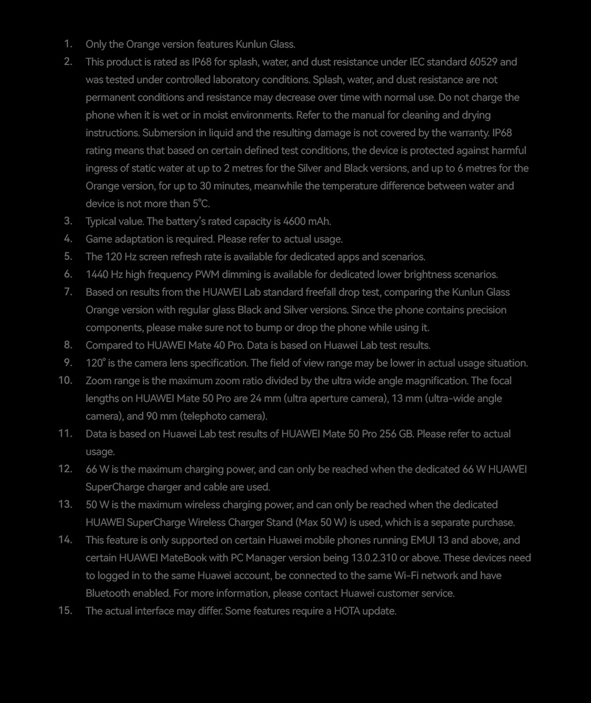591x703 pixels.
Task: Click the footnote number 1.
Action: coord(68,44)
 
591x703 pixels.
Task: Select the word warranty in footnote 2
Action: coord(466,133)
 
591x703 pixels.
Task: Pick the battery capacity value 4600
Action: coord(294,221)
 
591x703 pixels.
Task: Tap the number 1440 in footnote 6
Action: coord(98,275)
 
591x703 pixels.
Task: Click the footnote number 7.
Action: coord(68,292)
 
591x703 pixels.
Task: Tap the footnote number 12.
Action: coord(65,469)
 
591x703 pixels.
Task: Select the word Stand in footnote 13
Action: coord(279,522)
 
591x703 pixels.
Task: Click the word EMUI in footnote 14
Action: coord(422,540)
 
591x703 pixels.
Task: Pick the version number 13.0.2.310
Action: coord(379,558)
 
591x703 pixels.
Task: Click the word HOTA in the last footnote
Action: coord(346,611)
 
